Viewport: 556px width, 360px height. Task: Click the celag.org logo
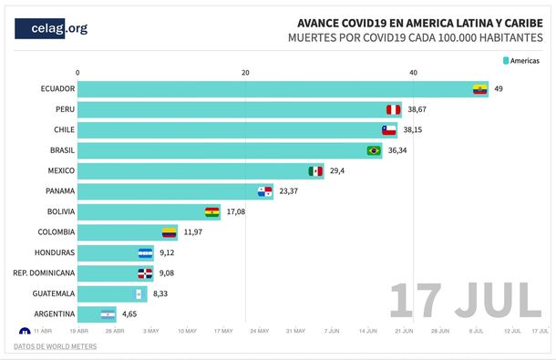click(52, 28)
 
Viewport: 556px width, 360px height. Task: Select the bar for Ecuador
click(283, 88)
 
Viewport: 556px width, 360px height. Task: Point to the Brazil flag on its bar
click(373, 150)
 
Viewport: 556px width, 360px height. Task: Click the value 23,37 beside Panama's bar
click(289, 191)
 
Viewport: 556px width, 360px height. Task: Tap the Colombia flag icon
click(169, 232)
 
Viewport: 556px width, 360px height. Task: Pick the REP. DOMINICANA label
click(44, 273)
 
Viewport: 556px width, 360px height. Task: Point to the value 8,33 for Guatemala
click(163, 293)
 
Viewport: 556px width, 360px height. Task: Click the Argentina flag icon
click(108, 314)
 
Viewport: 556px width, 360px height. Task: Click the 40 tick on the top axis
click(414, 72)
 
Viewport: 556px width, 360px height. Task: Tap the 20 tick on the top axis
click(245, 72)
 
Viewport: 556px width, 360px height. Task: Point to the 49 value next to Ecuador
click(499, 88)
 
